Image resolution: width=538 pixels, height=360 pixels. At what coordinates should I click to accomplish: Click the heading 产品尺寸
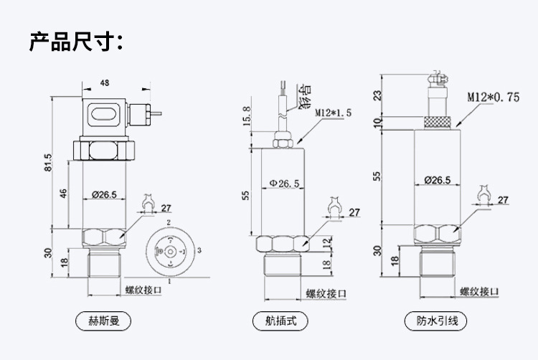click(75, 41)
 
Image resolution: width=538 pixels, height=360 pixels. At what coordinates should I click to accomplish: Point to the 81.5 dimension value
click(48, 163)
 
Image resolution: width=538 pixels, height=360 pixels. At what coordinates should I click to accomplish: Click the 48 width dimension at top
click(105, 84)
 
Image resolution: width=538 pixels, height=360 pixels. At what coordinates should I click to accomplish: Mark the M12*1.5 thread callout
click(334, 113)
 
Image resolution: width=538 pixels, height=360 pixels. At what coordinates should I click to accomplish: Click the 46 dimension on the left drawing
click(63, 194)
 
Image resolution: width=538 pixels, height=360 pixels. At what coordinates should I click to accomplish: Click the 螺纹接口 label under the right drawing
click(479, 291)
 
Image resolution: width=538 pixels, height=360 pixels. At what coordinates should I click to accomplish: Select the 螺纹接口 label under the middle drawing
click(326, 293)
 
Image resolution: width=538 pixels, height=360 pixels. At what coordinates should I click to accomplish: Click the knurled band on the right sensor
click(437, 122)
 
